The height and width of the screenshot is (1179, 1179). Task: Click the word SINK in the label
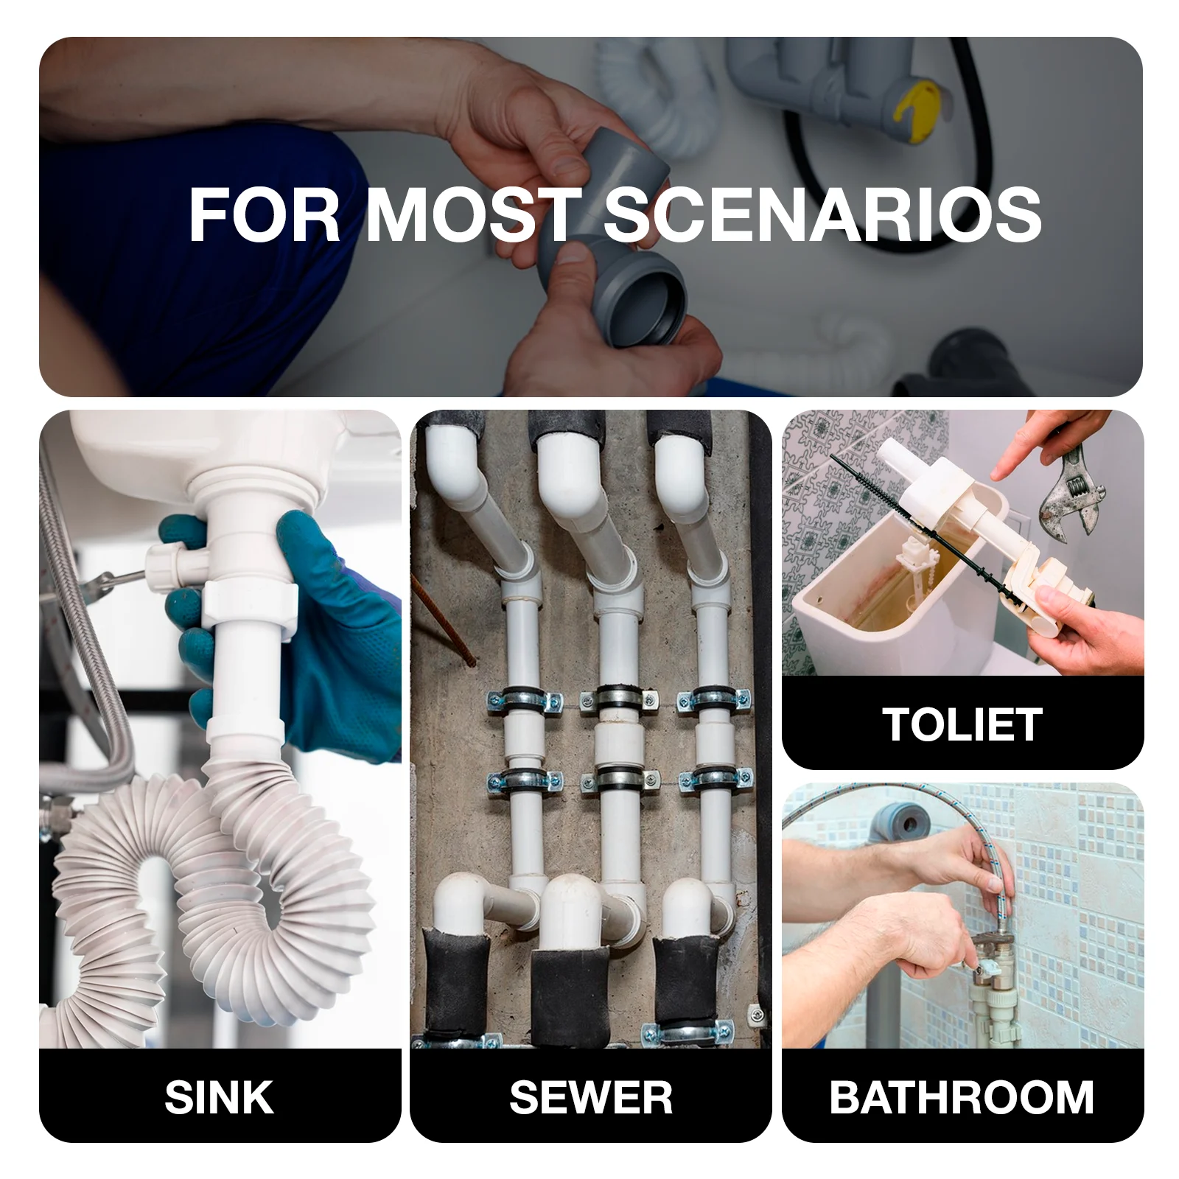tap(219, 1097)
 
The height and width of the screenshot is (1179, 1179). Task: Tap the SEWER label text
tap(591, 1097)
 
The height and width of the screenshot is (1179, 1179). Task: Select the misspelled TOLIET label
tap(962, 724)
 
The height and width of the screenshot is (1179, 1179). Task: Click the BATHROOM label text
tap(962, 1097)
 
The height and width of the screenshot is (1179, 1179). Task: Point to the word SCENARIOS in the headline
tap(822, 214)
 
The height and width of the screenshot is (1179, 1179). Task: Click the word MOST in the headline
tap(474, 214)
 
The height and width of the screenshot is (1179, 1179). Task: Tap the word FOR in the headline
tap(265, 214)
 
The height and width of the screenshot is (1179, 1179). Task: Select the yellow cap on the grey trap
tap(917, 111)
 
